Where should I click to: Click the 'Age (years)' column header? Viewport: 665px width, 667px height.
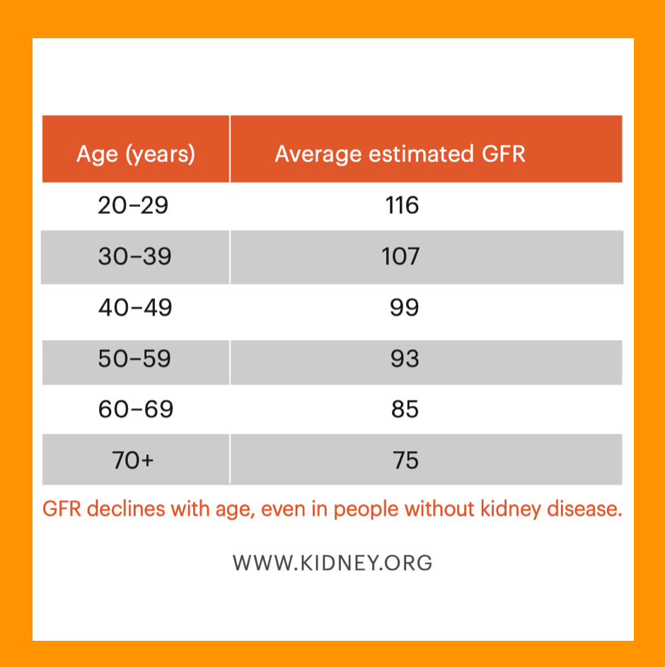pos(136,154)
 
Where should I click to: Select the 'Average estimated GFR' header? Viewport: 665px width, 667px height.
pos(400,154)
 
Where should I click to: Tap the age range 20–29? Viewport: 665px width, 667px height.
pos(133,205)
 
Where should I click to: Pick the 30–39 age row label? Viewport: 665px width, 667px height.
pos(134,256)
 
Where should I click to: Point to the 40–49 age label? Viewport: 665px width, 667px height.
pos(135,307)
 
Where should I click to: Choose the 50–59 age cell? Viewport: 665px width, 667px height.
pos(134,358)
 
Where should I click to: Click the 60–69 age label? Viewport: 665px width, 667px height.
pos(136,409)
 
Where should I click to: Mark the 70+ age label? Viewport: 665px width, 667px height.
pos(132,460)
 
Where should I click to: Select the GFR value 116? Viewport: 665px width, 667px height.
pos(402,205)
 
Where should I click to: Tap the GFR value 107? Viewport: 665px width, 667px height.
pos(400,256)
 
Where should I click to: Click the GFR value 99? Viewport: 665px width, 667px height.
pos(404,307)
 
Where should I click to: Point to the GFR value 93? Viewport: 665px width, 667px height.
pos(405,358)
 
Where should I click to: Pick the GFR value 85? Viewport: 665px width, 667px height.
pos(405,409)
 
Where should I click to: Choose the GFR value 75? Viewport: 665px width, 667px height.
pos(405,460)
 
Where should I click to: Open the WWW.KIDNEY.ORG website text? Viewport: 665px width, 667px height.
pos(332,563)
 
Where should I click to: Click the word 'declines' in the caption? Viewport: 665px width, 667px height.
pos(126,509)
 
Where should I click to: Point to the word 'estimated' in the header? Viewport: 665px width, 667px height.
pos(421,154)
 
